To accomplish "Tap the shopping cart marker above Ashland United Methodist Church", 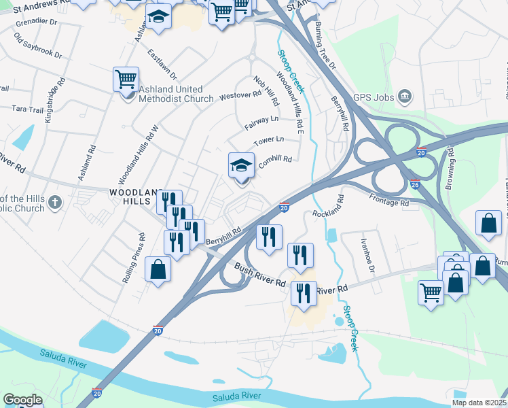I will point(126,80).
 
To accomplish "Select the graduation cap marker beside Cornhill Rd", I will point(241,165).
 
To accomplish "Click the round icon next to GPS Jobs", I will point(405,96).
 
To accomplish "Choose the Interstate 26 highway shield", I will point(416,184).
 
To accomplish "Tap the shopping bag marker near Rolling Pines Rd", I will point(158,269).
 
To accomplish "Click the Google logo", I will point(22,400).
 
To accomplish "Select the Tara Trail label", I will point(26,109).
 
